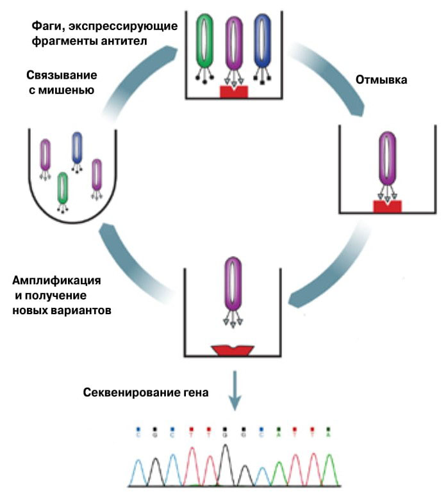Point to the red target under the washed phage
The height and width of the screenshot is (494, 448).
pos(387,205)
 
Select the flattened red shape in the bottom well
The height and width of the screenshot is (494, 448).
pos(233,349)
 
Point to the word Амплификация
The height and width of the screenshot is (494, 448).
pos(56,281)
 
